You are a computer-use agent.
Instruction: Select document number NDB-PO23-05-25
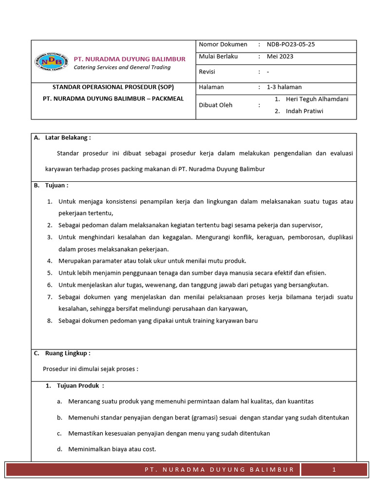(291, 44)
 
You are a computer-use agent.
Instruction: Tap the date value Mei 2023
(280, 57)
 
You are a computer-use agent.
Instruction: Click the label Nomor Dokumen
(223, 44)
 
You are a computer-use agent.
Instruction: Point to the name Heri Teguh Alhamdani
(317, 99)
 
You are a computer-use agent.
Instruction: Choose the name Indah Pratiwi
(304, 111)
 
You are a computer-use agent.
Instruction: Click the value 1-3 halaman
(284, 87)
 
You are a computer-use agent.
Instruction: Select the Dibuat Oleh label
(216, 105)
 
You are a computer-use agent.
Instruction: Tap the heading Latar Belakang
(68, 138)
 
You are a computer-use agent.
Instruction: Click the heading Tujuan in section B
(56, 186)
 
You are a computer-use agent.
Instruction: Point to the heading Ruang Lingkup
(68, 354)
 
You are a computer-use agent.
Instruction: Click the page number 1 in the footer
(334, 470)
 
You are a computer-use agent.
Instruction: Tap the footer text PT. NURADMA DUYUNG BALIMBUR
(219, 470)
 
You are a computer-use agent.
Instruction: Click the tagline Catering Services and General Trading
(122, 68)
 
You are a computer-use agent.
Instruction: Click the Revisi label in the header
(207, 72)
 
